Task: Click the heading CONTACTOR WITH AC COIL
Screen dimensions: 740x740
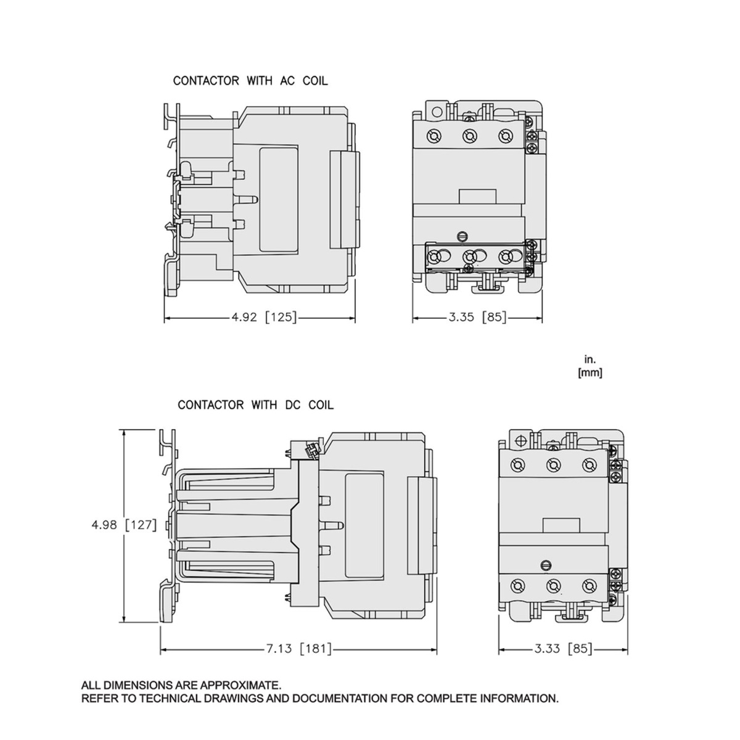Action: tap(250, 81)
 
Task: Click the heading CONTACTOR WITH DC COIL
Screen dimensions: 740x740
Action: tap(255, 405)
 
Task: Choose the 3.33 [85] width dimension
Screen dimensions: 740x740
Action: tap(561, 649)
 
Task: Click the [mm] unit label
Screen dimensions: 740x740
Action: tap(590, 372)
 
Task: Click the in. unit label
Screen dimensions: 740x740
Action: tap(590, 359)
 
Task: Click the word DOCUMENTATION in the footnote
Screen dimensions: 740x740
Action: tap(341, 699)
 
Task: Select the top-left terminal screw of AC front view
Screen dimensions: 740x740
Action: tap(434, 136)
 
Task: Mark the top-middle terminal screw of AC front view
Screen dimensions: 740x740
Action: tap(470, 136)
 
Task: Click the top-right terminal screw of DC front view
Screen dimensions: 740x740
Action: tap(589, 464)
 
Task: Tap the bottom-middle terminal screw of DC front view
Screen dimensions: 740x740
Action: tap(553, 585)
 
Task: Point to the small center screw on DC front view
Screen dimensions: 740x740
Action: tap(545, 564)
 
